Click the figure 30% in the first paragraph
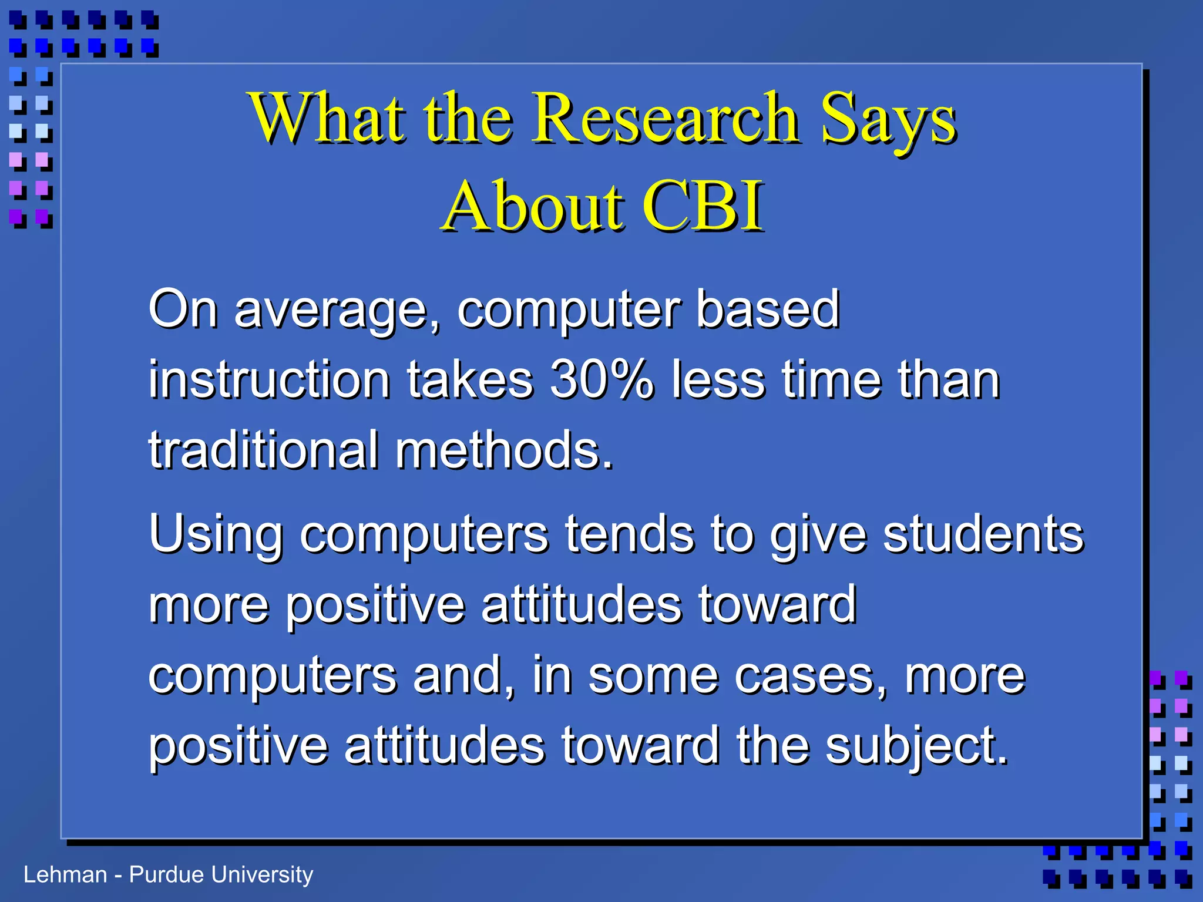pos(601,380)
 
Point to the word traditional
pos(263,450)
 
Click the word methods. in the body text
pos(504,450)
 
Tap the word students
pos(983,534)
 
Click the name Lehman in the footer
pos(65,874)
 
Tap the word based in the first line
pos(768,309)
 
